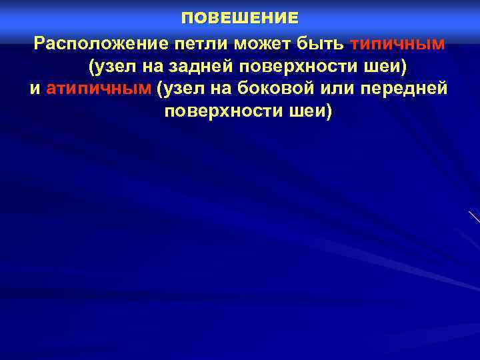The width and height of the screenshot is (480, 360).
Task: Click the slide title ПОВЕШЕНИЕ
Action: (x=240, y=18)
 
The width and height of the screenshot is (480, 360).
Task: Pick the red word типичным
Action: (x=398, y=45)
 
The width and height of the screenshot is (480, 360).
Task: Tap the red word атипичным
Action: (x=99, y=89)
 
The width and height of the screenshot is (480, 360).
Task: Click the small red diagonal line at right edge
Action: (x=474, y=217)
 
